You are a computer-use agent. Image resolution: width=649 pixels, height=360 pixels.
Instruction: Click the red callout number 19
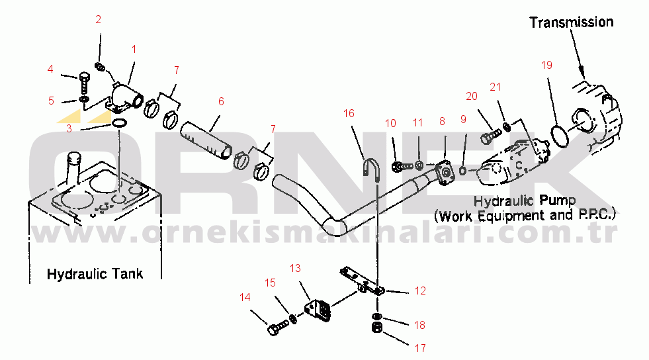[546, 65]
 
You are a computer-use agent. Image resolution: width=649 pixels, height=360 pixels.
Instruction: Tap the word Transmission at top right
[572, 22]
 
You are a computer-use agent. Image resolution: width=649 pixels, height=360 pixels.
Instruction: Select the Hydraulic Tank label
[95, 273]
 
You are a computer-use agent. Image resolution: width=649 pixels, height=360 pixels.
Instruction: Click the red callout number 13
[295, 268]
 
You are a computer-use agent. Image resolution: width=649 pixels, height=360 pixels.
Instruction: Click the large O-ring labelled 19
[560, 134]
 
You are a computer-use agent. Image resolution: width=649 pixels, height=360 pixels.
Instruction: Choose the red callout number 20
[471, 96]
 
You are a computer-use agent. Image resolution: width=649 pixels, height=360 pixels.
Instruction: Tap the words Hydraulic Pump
[525, 200]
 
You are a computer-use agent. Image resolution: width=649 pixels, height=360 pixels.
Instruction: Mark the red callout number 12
[420, 291]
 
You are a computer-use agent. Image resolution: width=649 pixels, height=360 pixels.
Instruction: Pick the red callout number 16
[349, 113]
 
